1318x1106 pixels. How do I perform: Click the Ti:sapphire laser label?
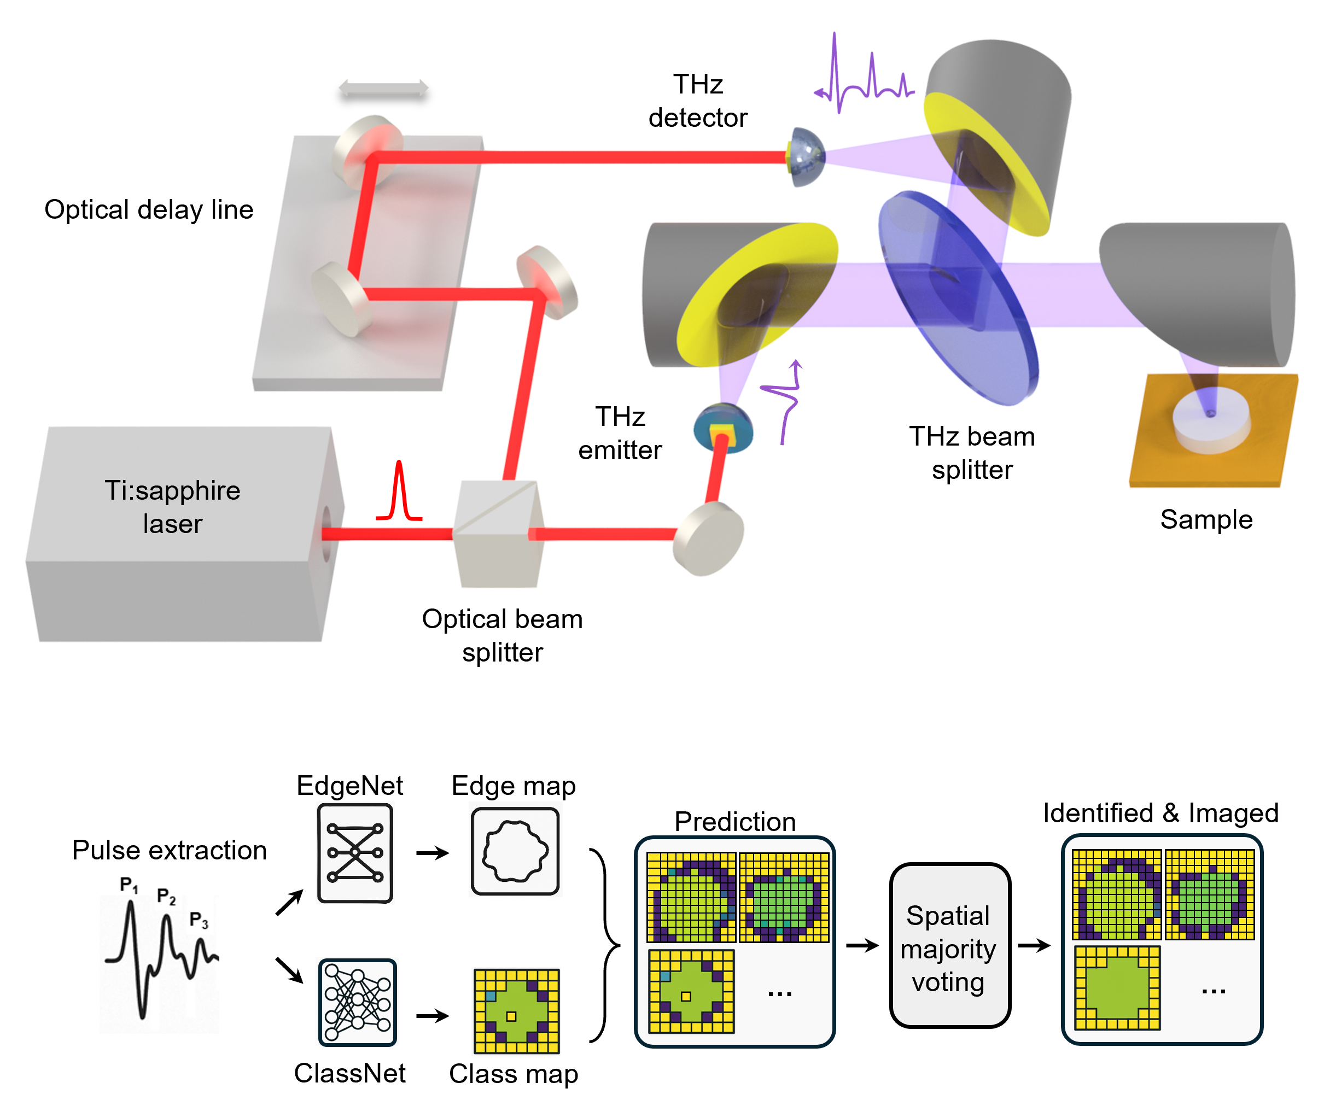[173, 507]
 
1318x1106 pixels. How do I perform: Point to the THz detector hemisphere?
[807, 157]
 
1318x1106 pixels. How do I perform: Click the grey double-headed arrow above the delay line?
[383, 89]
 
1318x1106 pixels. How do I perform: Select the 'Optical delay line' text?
[149, 209]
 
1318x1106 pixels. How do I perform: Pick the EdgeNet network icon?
[355, 853]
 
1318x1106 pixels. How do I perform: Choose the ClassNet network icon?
[357, 1003]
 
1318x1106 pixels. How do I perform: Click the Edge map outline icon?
[515, 851]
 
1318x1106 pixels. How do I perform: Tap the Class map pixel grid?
[516, 1011]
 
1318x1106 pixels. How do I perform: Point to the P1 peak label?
[129, 885]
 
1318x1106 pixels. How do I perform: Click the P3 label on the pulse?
[199, 920]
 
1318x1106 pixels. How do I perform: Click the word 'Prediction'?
[735, 821]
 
